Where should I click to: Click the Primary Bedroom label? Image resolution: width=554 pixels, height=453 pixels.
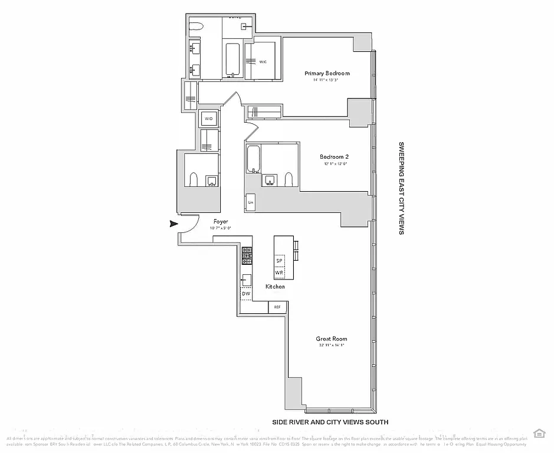[327, 73]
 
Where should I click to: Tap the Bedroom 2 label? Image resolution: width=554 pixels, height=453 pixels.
[335, 156]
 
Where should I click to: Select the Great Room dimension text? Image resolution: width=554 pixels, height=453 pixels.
[330, 346]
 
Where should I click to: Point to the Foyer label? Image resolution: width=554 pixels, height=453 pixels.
[221, 222]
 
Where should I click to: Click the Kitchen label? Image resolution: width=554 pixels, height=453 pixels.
[275, 287]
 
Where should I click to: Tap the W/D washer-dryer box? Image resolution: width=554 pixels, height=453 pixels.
[209, 119]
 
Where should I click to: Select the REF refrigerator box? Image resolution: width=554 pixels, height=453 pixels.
[277, 307]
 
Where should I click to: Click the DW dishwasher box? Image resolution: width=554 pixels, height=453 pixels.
[246, 294]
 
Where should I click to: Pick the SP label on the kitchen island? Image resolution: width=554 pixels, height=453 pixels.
[280, 261]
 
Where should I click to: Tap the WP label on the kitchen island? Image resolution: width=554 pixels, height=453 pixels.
[280, 273]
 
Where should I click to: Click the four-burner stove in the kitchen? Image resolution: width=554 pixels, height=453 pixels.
[247, 255]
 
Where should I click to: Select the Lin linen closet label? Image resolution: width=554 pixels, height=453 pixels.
[251, 202]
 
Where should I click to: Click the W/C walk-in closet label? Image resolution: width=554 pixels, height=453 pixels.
[263, 61]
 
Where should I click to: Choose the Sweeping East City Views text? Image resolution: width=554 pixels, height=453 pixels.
[401, 188]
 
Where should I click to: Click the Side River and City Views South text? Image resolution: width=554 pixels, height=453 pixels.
[330, 422]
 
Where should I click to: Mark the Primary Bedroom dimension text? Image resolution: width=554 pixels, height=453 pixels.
[327, 80]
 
